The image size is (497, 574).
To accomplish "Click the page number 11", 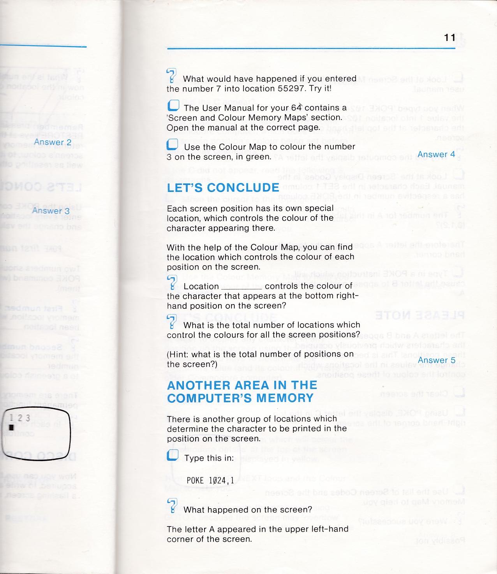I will point(449,37).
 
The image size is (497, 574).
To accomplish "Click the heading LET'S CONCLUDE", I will point(223,188).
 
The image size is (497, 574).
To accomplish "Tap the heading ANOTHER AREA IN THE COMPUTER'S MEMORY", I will point(242,391).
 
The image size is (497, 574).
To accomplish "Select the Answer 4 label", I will point(436,154).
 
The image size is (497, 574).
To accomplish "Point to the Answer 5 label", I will point(436,360).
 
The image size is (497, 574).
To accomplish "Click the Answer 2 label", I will point(53,142).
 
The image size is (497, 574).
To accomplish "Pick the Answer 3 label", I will point(51,211).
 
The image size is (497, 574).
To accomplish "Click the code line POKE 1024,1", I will point(210,481).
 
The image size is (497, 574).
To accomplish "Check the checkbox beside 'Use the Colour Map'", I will point(172,145).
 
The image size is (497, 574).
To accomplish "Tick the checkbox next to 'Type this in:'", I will point(173,455).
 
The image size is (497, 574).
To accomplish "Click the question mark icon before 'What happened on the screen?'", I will point(172,505).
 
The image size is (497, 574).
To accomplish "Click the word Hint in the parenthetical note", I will point(179,354).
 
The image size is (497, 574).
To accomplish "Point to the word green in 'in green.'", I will point(258,157).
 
